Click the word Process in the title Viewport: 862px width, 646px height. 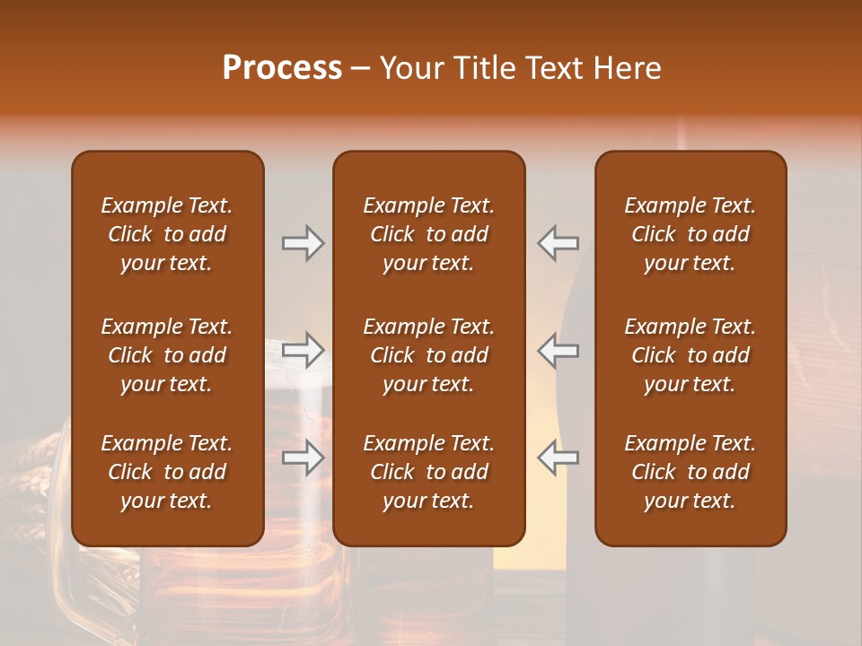282,68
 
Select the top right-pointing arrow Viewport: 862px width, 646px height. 303,243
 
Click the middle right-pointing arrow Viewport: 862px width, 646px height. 303,351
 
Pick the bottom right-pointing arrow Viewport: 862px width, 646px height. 303,458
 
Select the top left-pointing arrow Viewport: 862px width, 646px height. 559,243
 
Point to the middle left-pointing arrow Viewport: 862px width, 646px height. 559,351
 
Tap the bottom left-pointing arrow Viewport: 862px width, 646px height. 559,458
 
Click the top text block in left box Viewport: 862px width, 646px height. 167,234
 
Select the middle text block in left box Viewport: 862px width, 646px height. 167,355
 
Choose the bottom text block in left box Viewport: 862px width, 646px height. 167,472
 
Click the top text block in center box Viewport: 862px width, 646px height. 428,234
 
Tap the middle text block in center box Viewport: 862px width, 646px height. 428,355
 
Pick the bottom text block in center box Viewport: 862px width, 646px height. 428,472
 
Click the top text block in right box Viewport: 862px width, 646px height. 690,234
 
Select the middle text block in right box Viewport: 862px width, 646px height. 690,355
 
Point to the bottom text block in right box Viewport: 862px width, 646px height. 690,472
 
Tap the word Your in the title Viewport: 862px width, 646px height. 410,68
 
